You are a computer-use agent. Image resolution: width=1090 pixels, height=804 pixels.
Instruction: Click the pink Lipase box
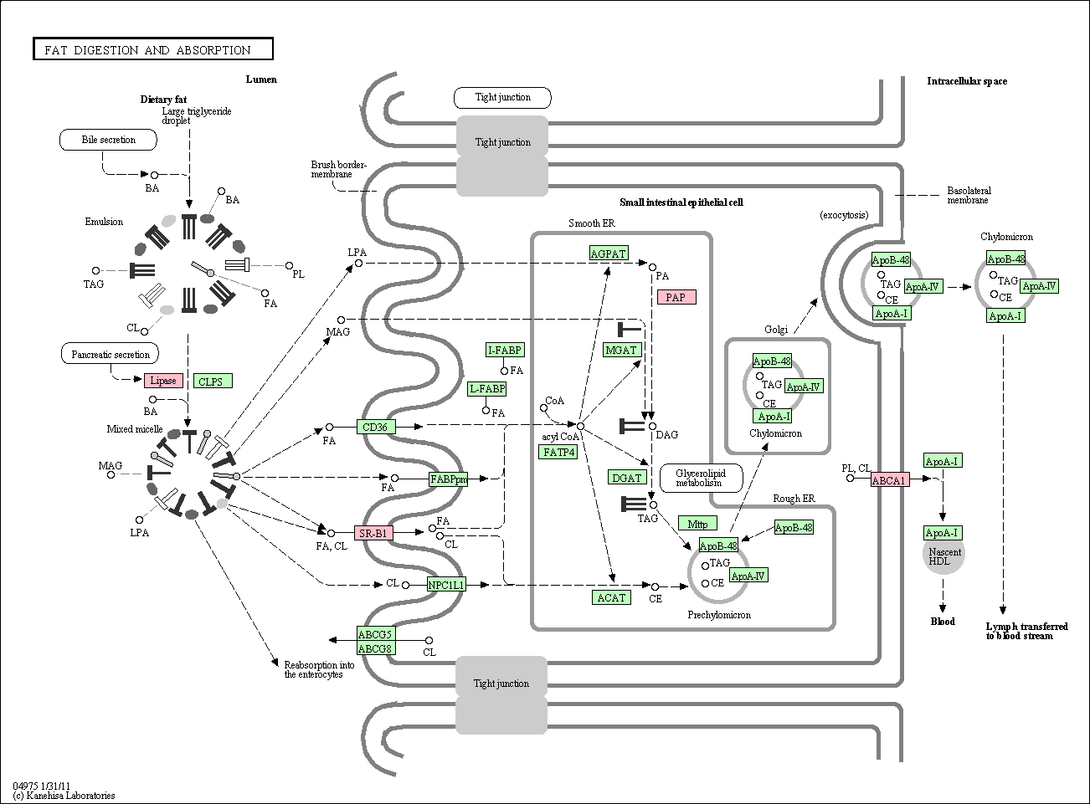[x=163, y=381]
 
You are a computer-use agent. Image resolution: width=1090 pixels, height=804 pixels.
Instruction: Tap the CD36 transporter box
[x=375, y=427]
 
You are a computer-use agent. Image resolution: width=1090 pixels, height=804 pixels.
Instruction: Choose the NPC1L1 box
[x=446, y=585]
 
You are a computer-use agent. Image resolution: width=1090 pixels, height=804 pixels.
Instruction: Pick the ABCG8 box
[x=376, y=648]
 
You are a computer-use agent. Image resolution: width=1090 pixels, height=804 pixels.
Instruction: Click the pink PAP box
[x=676, y=297]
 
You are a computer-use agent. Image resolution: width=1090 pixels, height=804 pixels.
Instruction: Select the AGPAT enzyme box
[x=608, y=253]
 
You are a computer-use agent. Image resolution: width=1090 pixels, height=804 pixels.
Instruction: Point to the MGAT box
[x=621, y=350]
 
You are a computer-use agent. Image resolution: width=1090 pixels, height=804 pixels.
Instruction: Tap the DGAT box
[x=627, y=478]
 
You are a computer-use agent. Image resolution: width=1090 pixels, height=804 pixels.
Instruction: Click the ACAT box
[x=611, y=597]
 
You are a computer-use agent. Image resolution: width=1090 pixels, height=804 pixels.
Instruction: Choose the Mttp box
[x=697, y=524]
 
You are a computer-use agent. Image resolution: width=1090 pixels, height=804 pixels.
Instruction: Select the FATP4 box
[x=559, y=452]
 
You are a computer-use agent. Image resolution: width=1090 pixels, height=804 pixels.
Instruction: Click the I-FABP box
[x=506, y=350]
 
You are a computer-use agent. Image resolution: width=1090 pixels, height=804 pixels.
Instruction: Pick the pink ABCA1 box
[x=889, y=480]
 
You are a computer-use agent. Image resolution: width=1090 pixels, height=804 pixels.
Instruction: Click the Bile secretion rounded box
[x=109, y=140]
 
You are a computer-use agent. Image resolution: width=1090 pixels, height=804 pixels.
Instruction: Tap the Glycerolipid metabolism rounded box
[x=699, y=478]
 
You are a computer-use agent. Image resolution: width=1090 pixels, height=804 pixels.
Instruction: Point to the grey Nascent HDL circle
[x=943, y=556]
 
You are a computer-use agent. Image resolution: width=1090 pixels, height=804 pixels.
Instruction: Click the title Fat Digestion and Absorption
[x=153, y=50]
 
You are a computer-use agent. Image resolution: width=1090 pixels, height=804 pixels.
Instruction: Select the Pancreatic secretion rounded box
[x=111, y=354]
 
